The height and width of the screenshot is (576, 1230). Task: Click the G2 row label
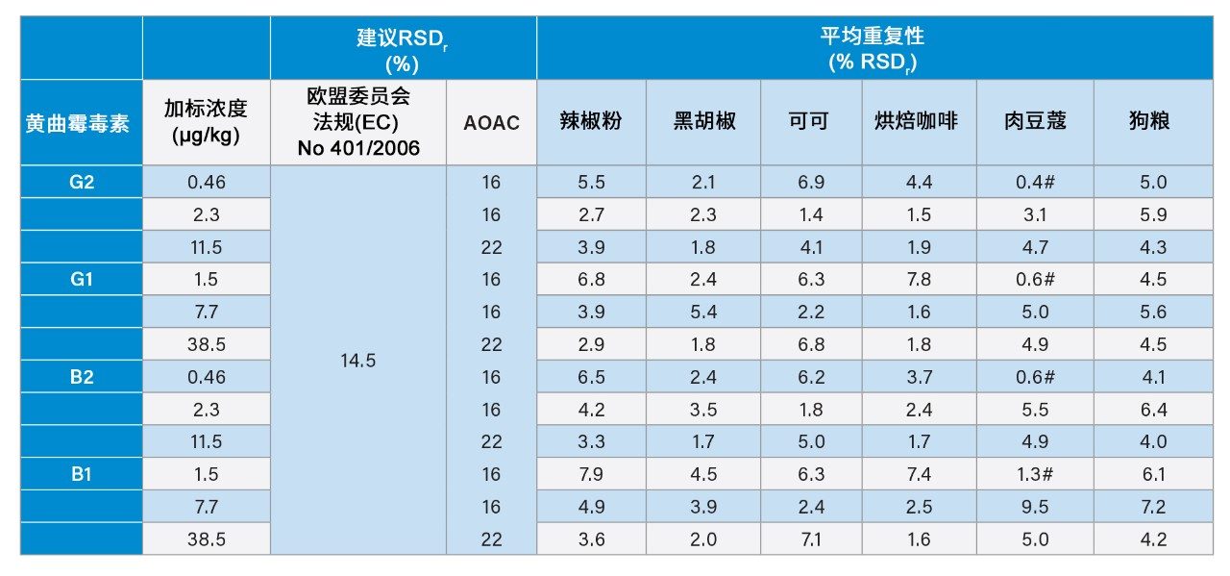tap(82, 182)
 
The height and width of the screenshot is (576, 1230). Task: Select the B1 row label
tap(82, 474)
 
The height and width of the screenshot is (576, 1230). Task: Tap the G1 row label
tap(82, 279)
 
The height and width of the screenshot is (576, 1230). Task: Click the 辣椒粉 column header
tap(591, 121)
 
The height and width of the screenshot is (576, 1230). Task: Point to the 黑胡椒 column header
tap(704, 121)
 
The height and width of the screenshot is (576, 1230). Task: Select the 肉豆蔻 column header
tap(1035, 121)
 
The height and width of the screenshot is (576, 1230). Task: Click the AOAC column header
tap(491, 121)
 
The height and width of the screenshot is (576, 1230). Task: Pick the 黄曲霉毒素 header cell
tap(77, 122)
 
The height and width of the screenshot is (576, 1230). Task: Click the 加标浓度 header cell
tap(205, 121)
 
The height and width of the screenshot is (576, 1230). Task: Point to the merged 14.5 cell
tap(357, 361)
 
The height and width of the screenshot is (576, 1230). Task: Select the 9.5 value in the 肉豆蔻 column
tap(1035, 507)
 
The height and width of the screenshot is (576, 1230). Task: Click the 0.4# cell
tap(1035, 182)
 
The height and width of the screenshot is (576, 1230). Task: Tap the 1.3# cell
tap(1035, 474)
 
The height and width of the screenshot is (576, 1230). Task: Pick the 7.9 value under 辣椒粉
tap(591, 474)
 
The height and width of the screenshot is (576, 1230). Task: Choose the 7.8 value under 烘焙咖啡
tap(918, 279)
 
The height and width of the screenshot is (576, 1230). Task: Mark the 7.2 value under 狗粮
tap(1153, 507)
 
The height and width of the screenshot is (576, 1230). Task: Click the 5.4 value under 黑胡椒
tap(704, 312)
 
